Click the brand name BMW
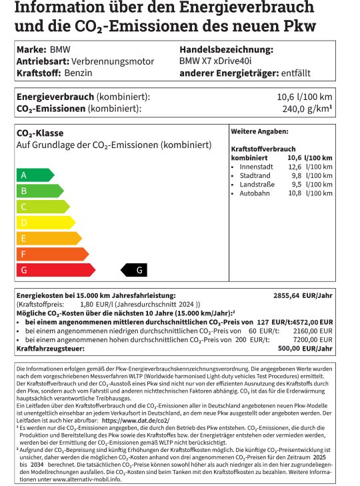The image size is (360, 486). click(60, 50)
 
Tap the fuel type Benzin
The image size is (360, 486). click(69, 73)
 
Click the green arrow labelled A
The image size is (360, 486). click(34, 175)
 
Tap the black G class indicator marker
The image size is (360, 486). click(138, 270)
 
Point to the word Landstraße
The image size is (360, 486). click(257, 185)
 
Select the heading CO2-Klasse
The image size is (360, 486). click(40, 133)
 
